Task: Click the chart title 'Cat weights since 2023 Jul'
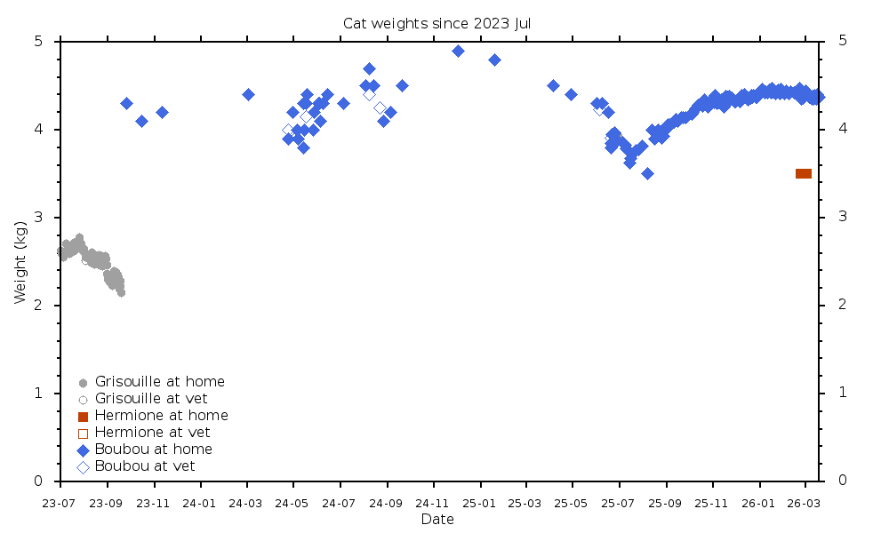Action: pos(436,23)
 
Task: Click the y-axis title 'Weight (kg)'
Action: pos(20,260)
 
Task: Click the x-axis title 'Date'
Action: pos(437,520)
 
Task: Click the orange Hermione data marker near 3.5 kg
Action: pos(803,173)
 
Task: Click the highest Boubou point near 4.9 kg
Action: pos(458,51)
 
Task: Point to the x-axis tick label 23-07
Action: pos(60,503)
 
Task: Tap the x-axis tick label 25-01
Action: pos(480,503)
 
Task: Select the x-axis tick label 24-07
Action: pos(340,503)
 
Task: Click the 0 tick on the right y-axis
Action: pos(841,481)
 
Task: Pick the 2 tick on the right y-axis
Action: pos(841,306)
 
